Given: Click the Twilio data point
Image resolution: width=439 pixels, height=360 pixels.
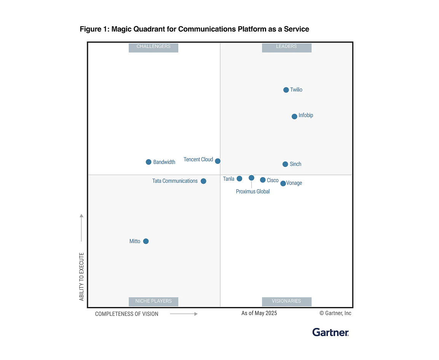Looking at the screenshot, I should click(x=286, y=90).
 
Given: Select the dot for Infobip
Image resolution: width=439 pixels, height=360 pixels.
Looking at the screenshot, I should click(x=294, y=117).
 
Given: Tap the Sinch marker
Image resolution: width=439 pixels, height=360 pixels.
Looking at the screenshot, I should click(x=285, y=164).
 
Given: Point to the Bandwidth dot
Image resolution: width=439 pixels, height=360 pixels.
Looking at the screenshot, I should click(x=148, y=162).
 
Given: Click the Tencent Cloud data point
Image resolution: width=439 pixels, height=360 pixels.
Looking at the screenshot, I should click(x=218, y=161).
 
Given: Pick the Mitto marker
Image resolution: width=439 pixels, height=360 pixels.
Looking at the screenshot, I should click(x=146, y=241).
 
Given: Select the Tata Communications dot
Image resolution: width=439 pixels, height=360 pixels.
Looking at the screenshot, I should click(x=203, y=181).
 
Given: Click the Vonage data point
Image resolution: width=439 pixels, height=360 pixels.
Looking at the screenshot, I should click(x=283, y=184).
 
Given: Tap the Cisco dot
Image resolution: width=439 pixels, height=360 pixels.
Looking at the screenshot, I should click(x=263, y=180).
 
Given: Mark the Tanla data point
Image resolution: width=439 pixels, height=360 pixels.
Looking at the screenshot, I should click(x=239, y=179).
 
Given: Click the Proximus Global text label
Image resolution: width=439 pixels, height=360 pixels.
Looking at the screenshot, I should click(x=253, y=192).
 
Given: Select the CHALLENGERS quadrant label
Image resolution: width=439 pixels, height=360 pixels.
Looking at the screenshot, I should click(x=153, y=46).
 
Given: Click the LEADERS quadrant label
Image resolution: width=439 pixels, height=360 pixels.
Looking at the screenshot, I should click(x=286, y=46).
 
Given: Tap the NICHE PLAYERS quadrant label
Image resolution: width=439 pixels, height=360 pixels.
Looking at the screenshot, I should click(x=153, y=301).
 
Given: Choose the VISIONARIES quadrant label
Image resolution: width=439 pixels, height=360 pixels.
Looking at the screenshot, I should click(x=286, y=301).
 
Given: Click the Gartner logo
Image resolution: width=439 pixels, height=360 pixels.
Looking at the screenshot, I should click(x=330, y=332).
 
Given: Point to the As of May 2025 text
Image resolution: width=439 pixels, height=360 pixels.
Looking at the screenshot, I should click(x=259, y=313).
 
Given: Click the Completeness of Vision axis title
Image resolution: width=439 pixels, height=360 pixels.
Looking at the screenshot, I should click(x=127, y=314).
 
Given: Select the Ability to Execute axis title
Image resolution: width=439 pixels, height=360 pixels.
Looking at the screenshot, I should click(x=81, y=277).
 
